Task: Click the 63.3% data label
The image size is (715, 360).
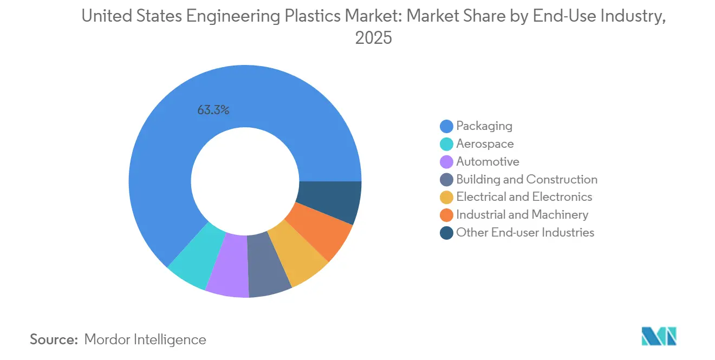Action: [x=213, y=110]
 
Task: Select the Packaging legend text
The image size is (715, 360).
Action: [x=484, y=126]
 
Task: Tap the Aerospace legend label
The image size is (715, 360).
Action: [x=485, y=144]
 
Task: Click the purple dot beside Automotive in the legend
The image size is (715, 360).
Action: [x=446, y=162]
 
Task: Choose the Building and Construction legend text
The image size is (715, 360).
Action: [x=526, y=179]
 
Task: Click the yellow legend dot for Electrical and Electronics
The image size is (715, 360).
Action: [x=446, y=197]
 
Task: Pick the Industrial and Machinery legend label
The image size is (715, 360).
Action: [x=522, y=215]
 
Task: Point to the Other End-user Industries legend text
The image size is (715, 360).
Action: [x=525, y=233]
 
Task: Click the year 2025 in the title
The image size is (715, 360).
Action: [x=373, y=38]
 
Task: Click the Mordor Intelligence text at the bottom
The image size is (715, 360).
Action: [x=145, y=340]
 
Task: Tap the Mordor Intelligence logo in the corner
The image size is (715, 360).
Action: [x=658, y=336]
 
